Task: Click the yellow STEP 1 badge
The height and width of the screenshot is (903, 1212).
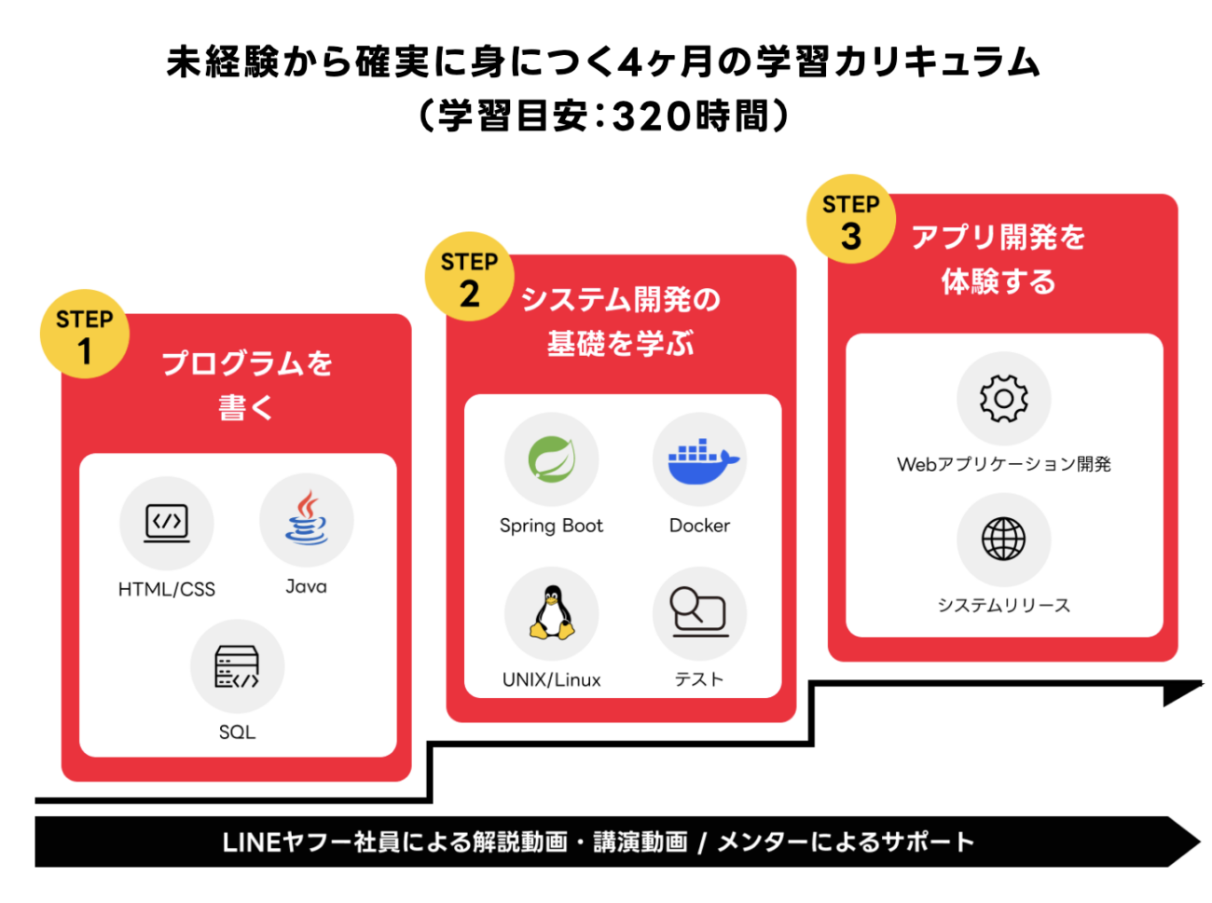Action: (x=85, y=335)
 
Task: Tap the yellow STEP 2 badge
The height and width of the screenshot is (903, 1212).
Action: (x=469, y=277)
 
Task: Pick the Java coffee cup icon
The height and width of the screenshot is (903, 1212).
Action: (x=306, y=520)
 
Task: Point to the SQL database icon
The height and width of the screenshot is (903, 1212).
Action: (x=237, y=666)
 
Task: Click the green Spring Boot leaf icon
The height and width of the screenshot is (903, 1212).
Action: (x=551, y=459)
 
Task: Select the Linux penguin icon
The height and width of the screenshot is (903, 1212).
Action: (x=551, y=613)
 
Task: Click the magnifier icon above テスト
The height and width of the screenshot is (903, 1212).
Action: (x=699, y=612)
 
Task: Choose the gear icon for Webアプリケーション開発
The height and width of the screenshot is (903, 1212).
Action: (x=1003, y=399)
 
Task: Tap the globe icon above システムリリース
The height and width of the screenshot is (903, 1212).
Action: (x=1003, y=540)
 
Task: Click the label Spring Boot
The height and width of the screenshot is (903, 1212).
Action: (x=551, y=526)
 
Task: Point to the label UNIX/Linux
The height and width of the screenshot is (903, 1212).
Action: (x=551, y=679)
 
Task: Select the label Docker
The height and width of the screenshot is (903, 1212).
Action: (x=699, y=526)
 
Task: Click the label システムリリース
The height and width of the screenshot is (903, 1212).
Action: (x=1003, y=606)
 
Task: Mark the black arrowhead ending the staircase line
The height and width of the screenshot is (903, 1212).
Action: (x=1181, y=692)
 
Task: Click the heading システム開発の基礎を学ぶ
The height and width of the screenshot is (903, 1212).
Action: (x=620, y=322)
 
